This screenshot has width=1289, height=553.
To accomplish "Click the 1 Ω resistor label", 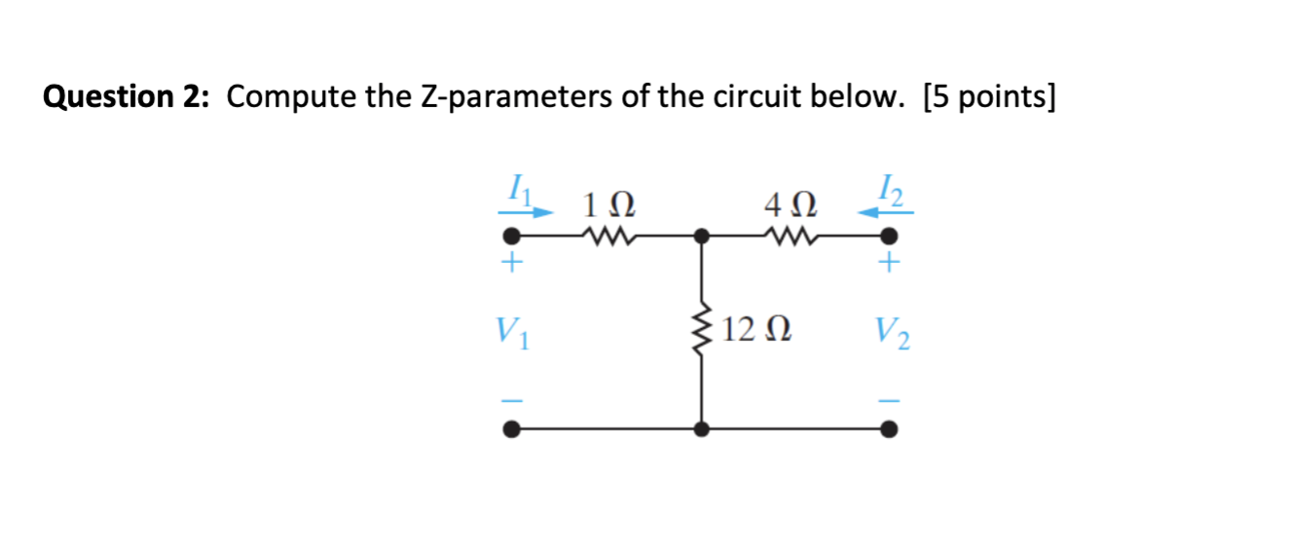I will (x=608, y=205).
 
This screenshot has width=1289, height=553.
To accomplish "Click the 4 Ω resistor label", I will (x=792, y=205).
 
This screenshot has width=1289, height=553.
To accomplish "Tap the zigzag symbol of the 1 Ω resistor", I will (x=608, y=235).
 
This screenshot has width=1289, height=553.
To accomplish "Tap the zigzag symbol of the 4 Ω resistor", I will (x=792, y=235).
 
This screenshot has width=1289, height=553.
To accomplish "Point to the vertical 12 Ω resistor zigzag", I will (x=701, y=332).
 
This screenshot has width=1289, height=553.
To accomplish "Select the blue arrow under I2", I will (x=878, y=207).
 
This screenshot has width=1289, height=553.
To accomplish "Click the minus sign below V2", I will (x=889, y=401).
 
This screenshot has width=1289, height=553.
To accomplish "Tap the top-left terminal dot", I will (x=509, y=236).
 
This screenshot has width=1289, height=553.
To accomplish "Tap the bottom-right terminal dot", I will (x=888, y=428).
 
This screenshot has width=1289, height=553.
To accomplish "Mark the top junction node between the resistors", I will (x=701, y=236).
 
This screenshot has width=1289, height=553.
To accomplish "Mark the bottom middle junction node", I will (x=701, y=428).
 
